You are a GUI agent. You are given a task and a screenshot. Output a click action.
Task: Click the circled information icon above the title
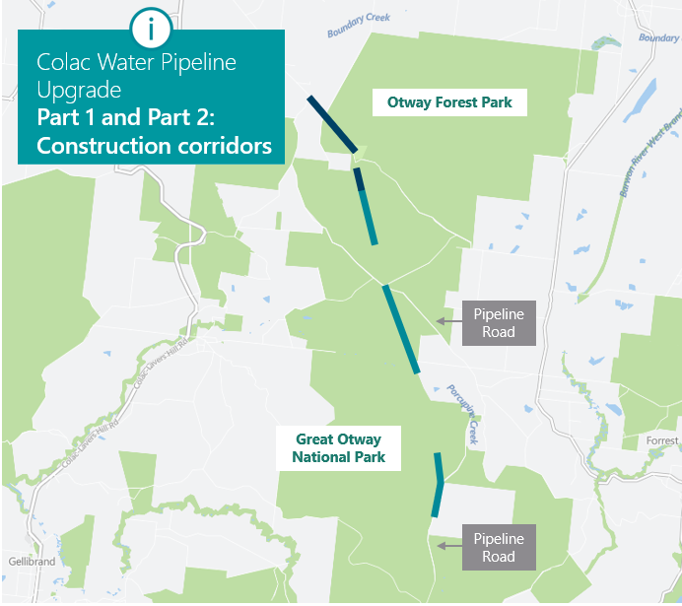151,29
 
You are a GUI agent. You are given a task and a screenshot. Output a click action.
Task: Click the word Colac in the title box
62,63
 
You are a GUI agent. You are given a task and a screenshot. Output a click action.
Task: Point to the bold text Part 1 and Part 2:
131,118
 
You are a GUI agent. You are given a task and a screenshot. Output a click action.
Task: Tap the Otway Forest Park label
449,102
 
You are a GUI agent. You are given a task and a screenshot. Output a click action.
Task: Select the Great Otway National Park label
338,448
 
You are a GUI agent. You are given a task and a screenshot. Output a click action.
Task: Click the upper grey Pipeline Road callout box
499,323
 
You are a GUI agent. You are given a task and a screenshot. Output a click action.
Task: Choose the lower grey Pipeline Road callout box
499,547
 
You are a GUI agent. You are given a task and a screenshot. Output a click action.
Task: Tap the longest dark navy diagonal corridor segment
332,123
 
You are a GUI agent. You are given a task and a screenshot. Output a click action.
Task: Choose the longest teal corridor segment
402,329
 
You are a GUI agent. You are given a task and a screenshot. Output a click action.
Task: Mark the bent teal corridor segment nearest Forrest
437,485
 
